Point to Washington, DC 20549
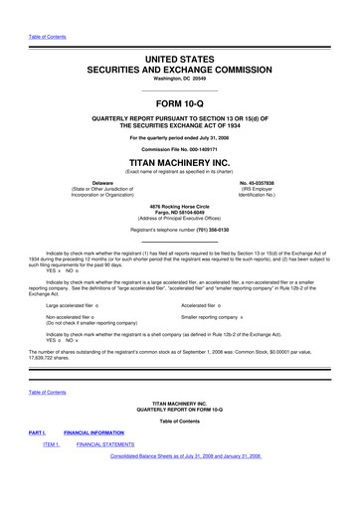(x=179, y=52)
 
